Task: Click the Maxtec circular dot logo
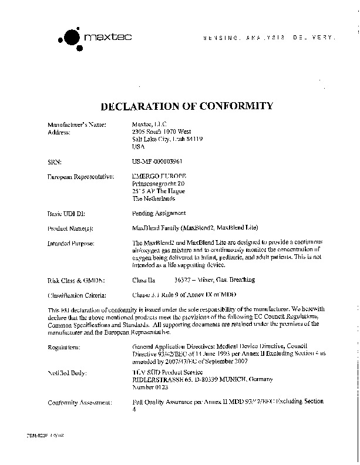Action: click(70, 38)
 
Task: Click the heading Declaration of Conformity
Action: click(187, 106)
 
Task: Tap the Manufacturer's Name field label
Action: click(76, 124)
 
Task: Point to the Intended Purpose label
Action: click(70, 243)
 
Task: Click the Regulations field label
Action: click(64, 348)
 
